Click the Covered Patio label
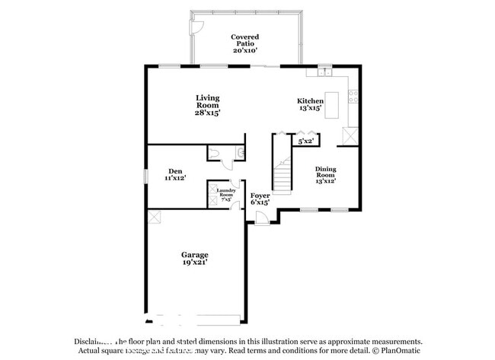[244, 43]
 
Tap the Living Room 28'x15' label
[207, 105]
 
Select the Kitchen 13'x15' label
[310, 104]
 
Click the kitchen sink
[326, 73]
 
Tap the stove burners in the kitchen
[353, 97]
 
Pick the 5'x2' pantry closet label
[306, 141]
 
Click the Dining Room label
[325, 175]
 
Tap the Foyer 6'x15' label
[260, 199]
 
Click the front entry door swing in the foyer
[260, 218]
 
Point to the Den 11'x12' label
[175, 174]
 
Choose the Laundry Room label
[225, 194]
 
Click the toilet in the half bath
[216, 154]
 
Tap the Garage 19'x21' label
[194, 258]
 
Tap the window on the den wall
[146, 175]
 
